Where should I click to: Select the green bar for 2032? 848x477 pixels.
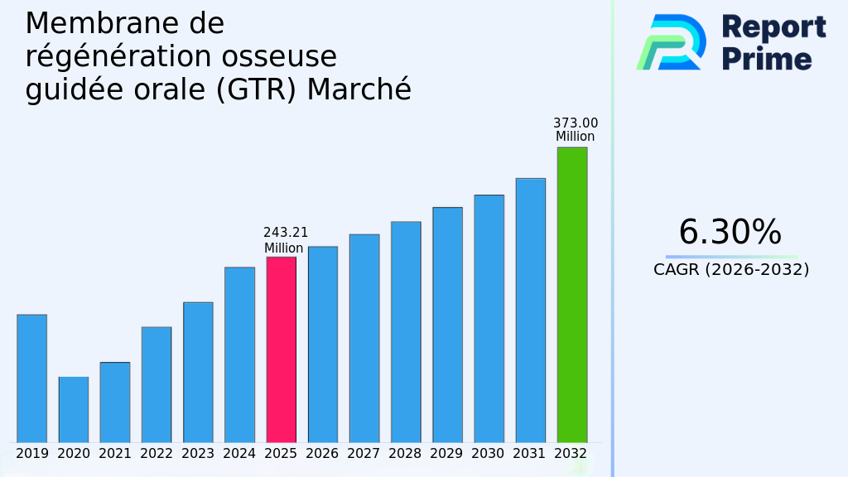tap(571, 295)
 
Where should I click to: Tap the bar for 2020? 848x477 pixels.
tap(73, 409)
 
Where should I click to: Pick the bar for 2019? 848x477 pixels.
tap(31, 378)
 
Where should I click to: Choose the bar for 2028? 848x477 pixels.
tap(406, 331)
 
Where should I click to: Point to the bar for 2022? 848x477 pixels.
tap(157, 384)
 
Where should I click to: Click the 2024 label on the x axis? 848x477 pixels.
tap(239, 454)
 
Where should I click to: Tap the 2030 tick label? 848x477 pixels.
tap(489, 454)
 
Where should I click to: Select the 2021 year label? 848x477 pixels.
tap(115, 454)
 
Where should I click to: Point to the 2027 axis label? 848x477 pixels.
tap(364, 454)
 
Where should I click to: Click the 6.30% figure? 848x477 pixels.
tap(730, 233)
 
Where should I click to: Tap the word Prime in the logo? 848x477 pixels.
tap(767, 59)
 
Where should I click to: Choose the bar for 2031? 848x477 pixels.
tap(530, 310)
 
